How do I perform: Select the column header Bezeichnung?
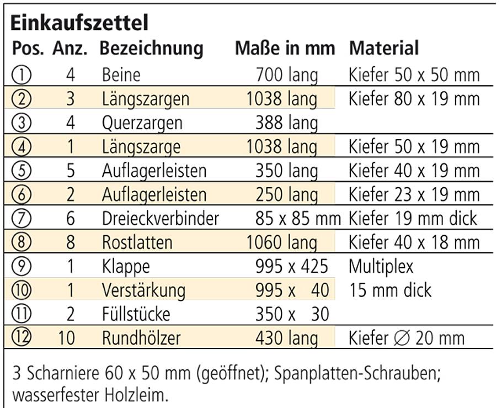pyautogui.click(x=151, y=49)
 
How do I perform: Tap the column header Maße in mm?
pyautogui.click(x=285, y=49)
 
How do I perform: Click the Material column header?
pyautogui.click(x=384, y=48)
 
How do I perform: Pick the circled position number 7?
pyautogui.click(x=21, y=219)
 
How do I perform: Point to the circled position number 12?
pyautogui.click(x=21, y=338)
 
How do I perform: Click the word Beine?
pyautogui.click(x=121, y=75)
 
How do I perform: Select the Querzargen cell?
pyautogui.click(x=142, y=123)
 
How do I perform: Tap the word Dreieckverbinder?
pyautogui.click(x=160, y=219)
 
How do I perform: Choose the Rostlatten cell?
pyautogui.click(x=137, y=242)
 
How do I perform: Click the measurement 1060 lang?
pyautogui.click(x=282, y=242)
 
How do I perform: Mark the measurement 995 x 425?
pyautogui.click(x=291, y=267)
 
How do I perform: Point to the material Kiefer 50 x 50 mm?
pyautogui.click(x=414, y=75)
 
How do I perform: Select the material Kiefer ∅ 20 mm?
pyautogui.click(x=407, y=338)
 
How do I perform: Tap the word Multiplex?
pyautogui.click(x=381, y=267)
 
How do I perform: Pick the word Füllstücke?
pyautogui.click(x=136, y=314)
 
